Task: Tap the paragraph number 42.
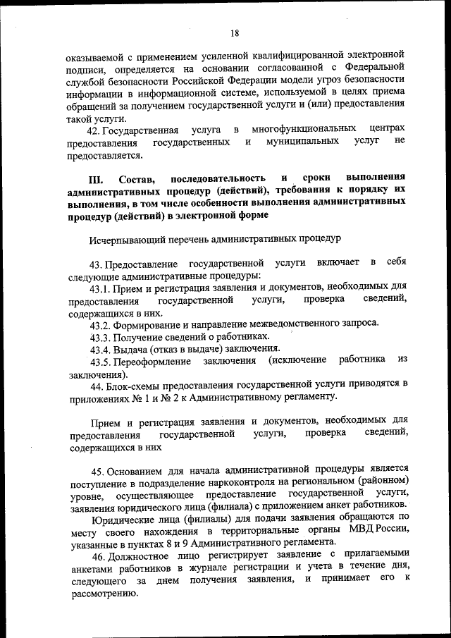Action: [x=93, y=130]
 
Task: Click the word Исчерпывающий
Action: [x=125, y=239]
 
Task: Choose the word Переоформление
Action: [x=153, y=361]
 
